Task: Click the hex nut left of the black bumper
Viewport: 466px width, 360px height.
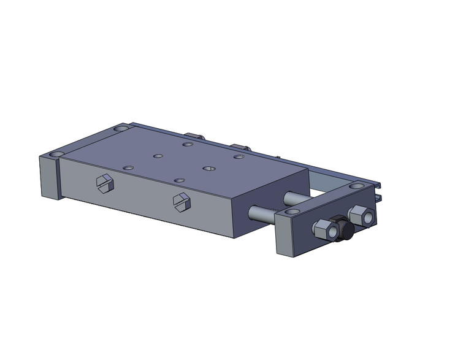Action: [x=323, y=230]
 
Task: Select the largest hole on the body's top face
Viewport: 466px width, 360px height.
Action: [x=208, y=167]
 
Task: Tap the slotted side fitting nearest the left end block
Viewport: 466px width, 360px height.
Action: [x=104, y=183]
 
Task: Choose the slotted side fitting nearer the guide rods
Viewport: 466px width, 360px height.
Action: [x=181, y=201]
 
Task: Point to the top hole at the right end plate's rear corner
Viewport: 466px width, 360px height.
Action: [x=356, y=186]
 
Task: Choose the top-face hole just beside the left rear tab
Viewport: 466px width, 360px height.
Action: [x=188, y=145]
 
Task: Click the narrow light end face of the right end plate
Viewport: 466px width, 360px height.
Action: [x=283, y=236]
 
